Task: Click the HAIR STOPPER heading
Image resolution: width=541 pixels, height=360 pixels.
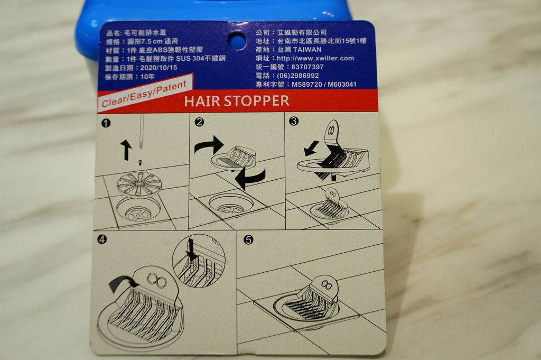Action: click(237, 101)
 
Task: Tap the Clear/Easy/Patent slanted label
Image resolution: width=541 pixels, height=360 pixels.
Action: click(144, 94)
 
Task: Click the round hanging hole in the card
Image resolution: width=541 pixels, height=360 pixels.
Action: click(237, 40)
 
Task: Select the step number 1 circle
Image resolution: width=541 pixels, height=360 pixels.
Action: click(106, 123)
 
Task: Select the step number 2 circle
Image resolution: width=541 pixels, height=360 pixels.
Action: click(199, 122)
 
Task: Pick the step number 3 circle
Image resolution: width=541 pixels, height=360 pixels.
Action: click(294, 121)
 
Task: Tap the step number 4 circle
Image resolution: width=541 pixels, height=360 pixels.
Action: click(102, 239)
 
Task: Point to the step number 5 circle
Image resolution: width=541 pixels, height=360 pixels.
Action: click(248, 239)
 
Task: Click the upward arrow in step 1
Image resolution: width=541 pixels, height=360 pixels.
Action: click(126, 150)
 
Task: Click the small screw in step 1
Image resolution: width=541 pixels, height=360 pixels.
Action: click(141, 162)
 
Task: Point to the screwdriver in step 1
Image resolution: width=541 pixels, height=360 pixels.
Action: click(141, 131)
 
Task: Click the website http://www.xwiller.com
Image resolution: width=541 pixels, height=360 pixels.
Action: click(316, 58)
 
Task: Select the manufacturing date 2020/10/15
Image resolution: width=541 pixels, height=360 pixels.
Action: click(158, 68)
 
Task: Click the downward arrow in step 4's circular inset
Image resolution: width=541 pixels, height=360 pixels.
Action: click(191, 250)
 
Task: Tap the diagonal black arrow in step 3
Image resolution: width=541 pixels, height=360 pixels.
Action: click(312, 148)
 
